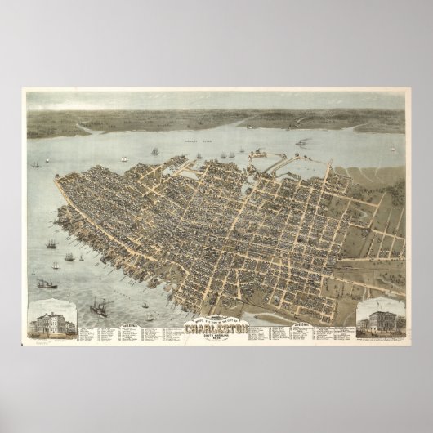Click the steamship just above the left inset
(47, 283)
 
